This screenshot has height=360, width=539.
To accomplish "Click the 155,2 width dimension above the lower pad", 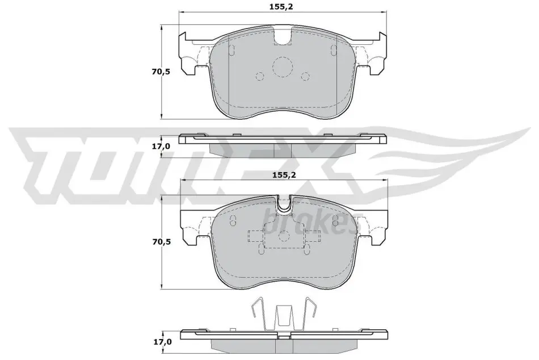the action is (x=284, y=175).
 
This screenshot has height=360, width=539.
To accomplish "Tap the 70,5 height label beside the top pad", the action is (x=161, y=72).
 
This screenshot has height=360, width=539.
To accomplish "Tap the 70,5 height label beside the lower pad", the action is (x=161, y=242).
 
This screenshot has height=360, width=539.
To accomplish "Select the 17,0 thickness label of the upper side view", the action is (x=161, y=146).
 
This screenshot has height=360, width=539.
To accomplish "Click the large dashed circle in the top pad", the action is (x=283, y=67).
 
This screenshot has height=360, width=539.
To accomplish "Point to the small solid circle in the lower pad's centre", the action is (x=284, y=236).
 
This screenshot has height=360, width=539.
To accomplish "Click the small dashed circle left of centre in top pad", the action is (x=260, y=77).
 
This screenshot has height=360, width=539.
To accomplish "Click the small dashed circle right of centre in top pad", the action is (x=305, y=77).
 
